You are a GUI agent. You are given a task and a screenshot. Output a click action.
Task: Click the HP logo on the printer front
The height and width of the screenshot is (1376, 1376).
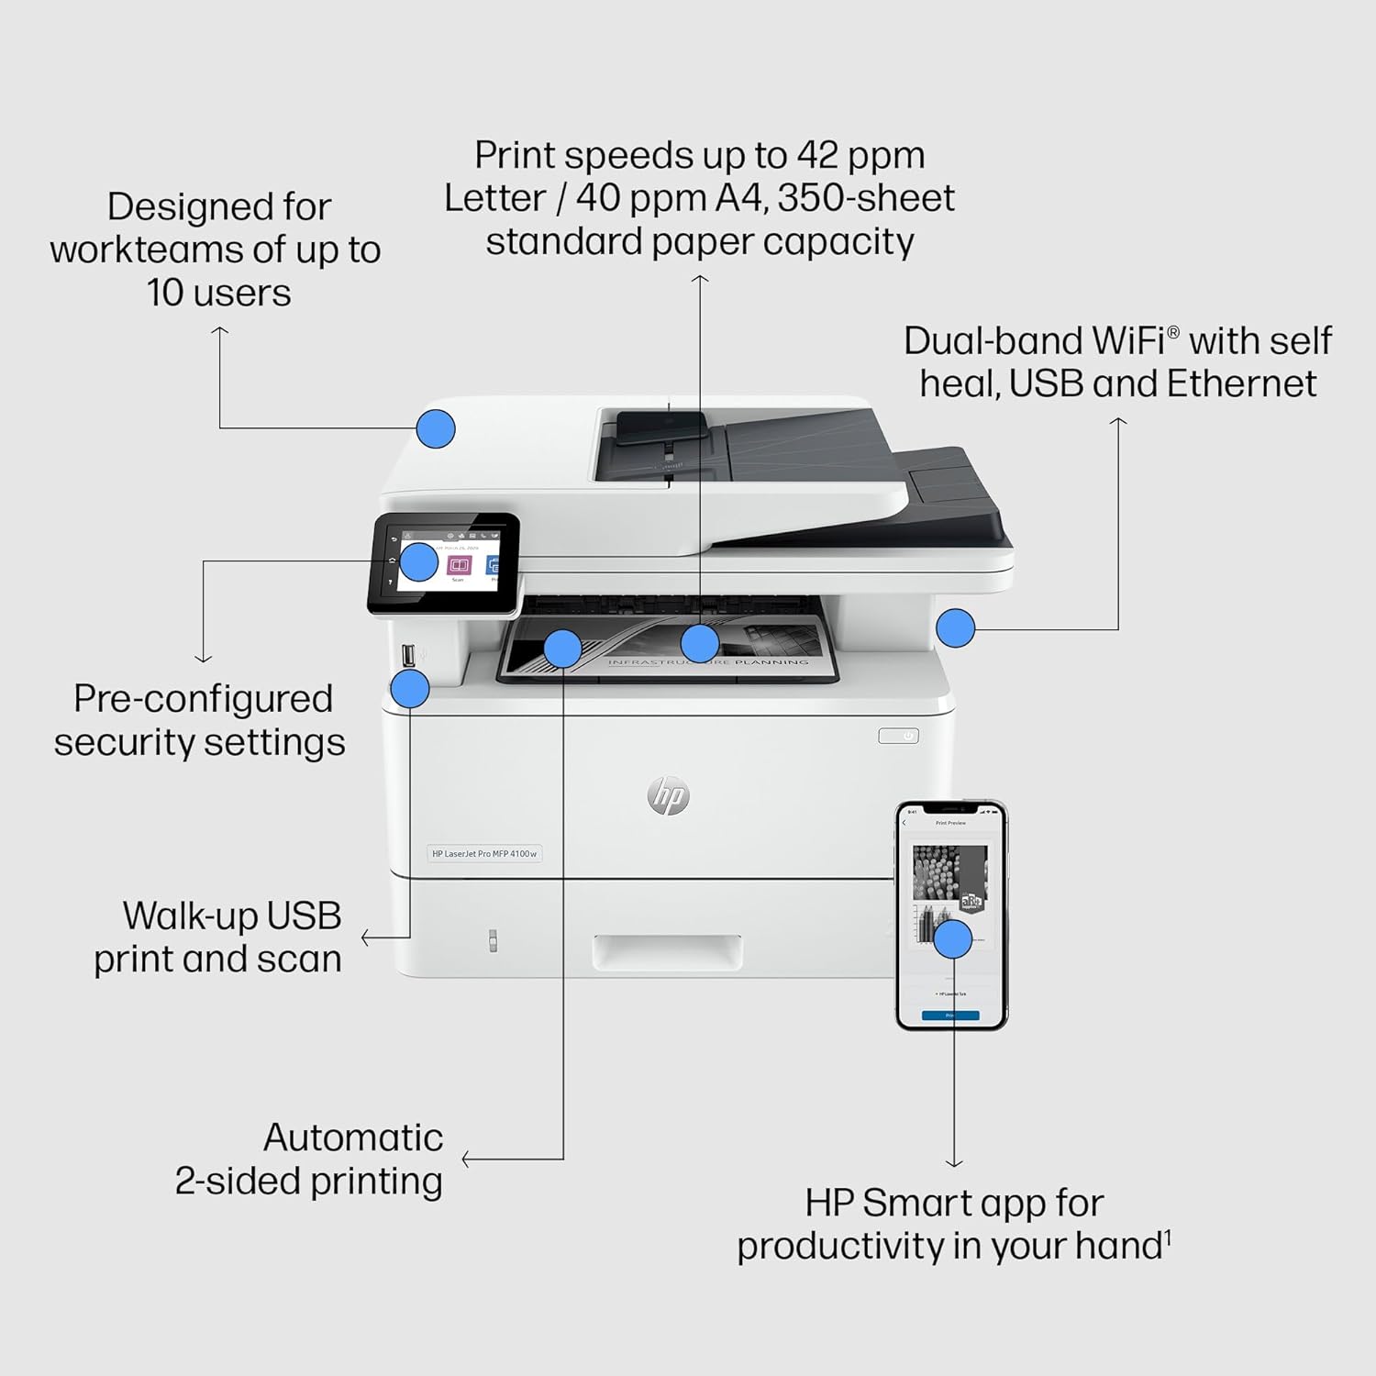click(668, 795)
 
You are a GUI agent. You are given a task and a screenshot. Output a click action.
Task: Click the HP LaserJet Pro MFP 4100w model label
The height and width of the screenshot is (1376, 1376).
click(484, 853)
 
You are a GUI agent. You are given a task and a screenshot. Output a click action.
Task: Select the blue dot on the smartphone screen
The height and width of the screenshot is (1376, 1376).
click(953, 938)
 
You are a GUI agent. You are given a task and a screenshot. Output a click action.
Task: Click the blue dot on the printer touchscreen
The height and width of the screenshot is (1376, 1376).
click(419, 561)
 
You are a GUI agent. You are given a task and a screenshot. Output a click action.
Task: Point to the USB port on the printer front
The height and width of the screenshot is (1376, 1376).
click(408, 655)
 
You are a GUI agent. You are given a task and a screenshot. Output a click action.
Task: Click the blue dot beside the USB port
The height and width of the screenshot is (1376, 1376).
click(410, 688)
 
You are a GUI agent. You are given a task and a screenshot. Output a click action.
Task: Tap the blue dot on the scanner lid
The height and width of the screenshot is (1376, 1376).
click(436, 428)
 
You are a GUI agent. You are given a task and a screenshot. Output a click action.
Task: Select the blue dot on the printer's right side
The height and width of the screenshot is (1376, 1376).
click(955, 628)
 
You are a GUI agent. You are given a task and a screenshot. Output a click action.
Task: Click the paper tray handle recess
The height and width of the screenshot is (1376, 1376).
click(667, 952)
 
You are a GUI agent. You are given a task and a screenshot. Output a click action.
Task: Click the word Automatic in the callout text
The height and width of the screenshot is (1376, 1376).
click(353, 1137)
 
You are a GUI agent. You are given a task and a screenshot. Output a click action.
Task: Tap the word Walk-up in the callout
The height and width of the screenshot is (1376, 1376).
click(178, 915)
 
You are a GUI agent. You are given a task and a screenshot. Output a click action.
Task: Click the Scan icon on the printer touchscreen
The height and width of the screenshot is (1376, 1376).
click(459, 565)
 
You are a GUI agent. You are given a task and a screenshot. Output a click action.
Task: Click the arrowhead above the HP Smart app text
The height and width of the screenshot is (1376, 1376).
click(954, 1162)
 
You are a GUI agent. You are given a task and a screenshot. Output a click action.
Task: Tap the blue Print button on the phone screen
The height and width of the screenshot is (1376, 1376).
click(950, 1015)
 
